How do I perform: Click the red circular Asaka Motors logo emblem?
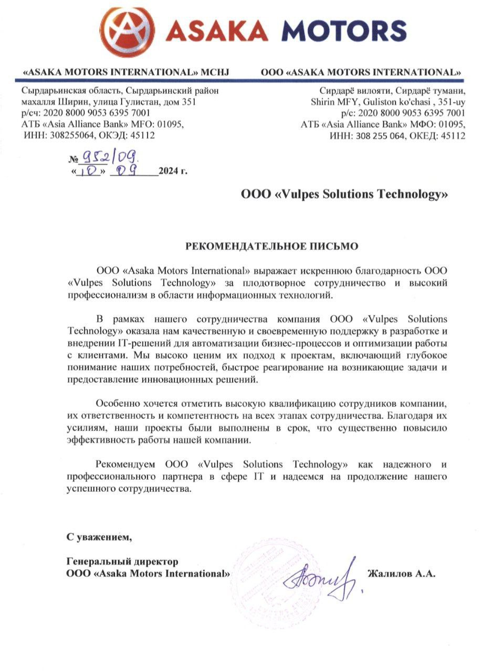pos(127,31)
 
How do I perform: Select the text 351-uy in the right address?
pos(452,103)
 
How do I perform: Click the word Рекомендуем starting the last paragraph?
pos(128,465)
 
